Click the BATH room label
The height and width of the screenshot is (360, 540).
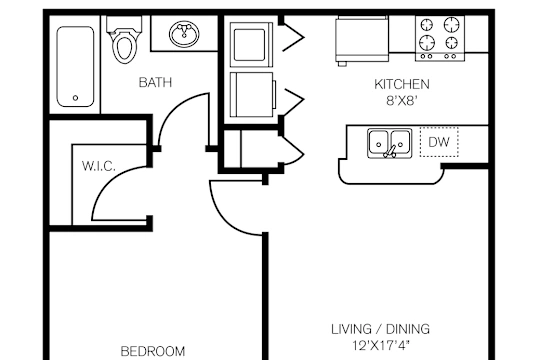pyautogui.click(x=155, y=82)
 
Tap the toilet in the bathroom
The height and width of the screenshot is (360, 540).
pyautogui.click(x=124, y=40)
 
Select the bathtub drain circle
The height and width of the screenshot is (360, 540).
pyautogui.click(x=75, y=98)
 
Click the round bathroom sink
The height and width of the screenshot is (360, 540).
pyautogui.click(x=185, y=33)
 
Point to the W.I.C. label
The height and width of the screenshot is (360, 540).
pyautogui.click(x=99, y=166)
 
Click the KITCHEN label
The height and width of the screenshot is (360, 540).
pyautogui.click(x=402, y=84)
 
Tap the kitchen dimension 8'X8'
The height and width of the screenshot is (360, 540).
pyautogui.click(x=402, y=101)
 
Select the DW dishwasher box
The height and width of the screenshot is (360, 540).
pyautogui.click(x=439, y=142)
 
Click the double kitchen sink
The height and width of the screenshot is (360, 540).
pyautogui.click(x=390, y=143)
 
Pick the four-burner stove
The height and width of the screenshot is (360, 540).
pyautogui.click(x=440, y=39)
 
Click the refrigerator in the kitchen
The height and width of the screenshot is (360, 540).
pyautogui.click(x=362, y=40)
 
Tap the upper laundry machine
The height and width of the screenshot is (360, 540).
pyautogui.click(x=251, y=44)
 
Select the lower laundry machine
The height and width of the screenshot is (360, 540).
pyautogui.click(x=252, y=94)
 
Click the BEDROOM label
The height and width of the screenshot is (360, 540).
pyautogui.click(x=153, y=351)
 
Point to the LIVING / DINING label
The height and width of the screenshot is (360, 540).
pyautogui.click(x=381, y=329)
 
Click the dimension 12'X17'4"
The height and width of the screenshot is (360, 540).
pyautogui.click(x=381, y=345)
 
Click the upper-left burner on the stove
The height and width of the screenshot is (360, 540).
pyautogui.click(x=427, y=25)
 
